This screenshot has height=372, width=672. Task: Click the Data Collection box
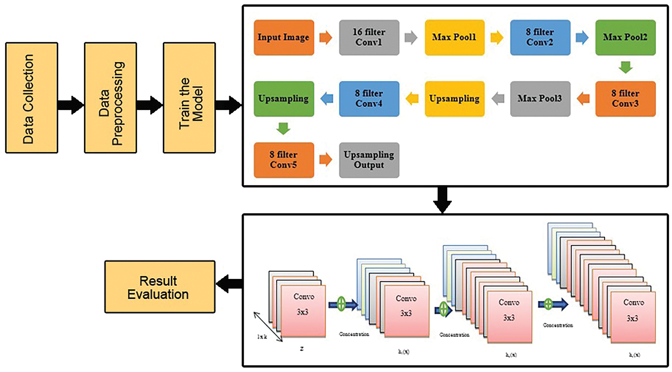[31, 98]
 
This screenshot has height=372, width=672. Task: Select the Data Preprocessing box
[110, 98]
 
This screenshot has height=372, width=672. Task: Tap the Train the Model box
[189, 98]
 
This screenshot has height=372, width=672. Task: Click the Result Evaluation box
[160, 287]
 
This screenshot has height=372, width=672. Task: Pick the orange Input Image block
[284, 38]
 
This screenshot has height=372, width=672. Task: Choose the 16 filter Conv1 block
[369, 38]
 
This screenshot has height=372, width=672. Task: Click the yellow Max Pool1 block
[454, 38]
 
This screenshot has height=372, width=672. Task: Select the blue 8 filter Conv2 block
[540, 38]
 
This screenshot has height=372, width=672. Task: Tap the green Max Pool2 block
[625, 38]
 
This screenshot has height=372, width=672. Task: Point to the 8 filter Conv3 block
[625, 99]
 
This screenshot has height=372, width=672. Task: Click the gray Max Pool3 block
[540, 99]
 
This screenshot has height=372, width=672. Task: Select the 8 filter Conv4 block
[369, 99]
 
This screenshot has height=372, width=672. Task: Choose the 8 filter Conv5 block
[284, 160]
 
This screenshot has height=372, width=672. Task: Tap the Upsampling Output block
[369, 160]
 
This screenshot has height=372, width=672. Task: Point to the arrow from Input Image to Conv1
[326, 38]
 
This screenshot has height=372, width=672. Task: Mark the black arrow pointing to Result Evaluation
[229, 283]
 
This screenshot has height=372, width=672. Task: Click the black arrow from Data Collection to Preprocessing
[71, 105]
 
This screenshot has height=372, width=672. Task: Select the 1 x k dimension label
[262, 337]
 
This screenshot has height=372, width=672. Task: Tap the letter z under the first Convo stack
[302, 349]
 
